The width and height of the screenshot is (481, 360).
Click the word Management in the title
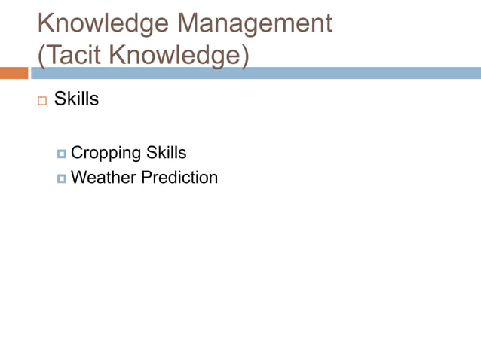(255, 23)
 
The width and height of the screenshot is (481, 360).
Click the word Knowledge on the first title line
(103, 23)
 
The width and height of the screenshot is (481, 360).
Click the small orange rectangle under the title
(14, 73)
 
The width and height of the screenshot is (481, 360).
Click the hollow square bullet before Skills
(41, 100)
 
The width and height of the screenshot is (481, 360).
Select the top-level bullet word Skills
(76, 99)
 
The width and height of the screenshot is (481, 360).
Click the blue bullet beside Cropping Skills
(61, 154)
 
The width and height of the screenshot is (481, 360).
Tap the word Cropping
(106, 153)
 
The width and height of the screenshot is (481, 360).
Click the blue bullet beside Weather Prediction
(61, 178)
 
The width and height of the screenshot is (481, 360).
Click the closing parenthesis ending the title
(245, 56)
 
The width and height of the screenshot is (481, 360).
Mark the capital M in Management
(190, 23)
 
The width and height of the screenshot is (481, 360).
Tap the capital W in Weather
(78, 178)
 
